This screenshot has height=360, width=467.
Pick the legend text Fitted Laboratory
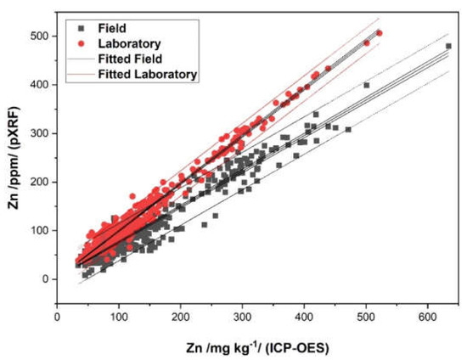148,74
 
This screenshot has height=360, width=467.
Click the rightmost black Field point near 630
448,47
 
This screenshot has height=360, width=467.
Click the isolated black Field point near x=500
367,86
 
